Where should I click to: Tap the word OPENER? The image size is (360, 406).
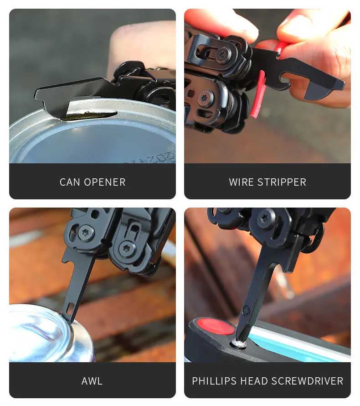(x=105, y=182)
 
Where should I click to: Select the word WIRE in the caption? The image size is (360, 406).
(x=241, y=182)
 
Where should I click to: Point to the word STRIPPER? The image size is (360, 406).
(x=282, y=182)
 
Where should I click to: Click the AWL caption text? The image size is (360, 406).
(x=92, y=381)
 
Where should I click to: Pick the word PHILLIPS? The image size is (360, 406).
(x=214, y=381)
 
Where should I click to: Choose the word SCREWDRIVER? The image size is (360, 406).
(x=308, y=381)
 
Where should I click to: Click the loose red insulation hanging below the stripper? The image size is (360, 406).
(x=258, y=94)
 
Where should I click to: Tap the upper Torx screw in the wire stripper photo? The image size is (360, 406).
(x=222, y=55)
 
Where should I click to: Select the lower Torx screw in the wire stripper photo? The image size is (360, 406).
(x=206, y=98)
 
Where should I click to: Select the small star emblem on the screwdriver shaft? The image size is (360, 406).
(x=246, y=311)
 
